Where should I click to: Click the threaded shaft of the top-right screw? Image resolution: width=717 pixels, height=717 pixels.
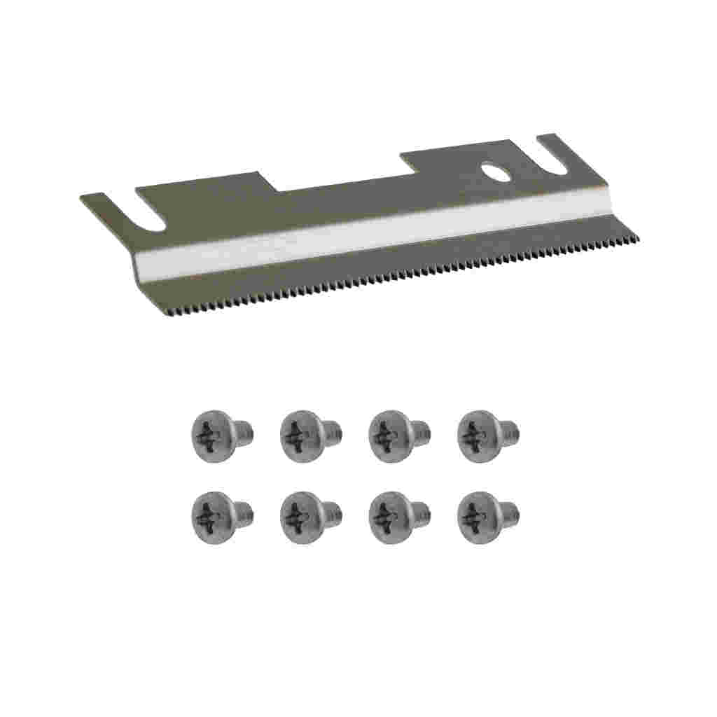[510, 429]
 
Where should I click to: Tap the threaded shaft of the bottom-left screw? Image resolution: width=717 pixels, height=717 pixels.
[244, 511]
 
